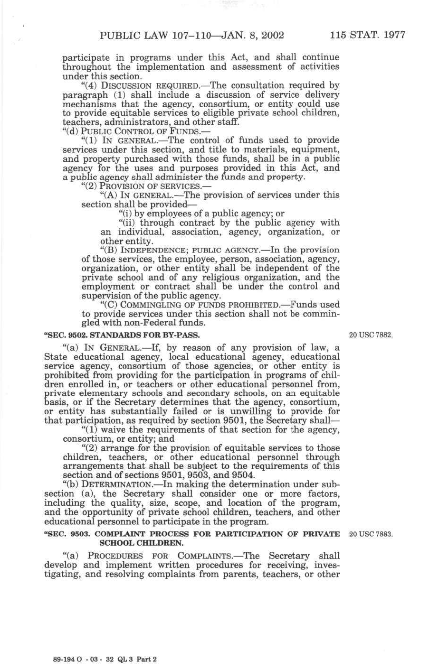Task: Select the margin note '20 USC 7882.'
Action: pyautogui.click(x=371, y=335)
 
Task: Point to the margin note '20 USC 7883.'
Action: pyautogui.click(x=371, y=534)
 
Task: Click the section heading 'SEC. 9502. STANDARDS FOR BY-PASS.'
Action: pyautogui.click(x=121, y=335)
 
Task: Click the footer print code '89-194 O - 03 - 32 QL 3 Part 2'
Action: pyautogui.click(x=105, y=659)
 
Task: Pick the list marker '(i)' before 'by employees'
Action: pyautogui.click(x=125, y=214)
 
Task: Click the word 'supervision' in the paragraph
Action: pyautogui.click(x=105, y=296)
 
